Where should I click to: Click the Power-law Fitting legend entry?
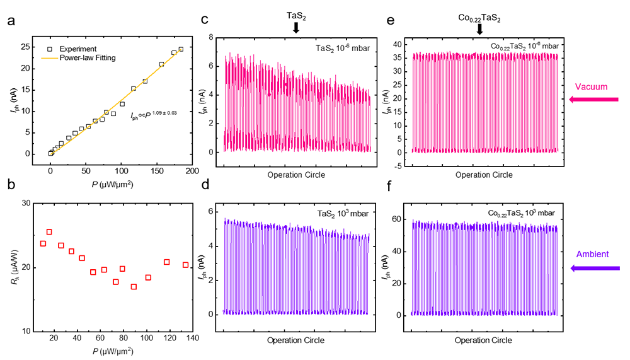tap(86, 57)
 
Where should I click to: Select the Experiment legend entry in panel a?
tap(79, 49)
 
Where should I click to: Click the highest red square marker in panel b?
tap(49, 232)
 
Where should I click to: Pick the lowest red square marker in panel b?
tap(134, 287)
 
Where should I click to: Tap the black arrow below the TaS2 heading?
tap(296, 28)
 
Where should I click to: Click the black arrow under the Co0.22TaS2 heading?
tap(479, 29)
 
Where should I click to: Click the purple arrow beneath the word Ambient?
tap(595, 269)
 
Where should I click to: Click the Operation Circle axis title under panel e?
tap(483, 174)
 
